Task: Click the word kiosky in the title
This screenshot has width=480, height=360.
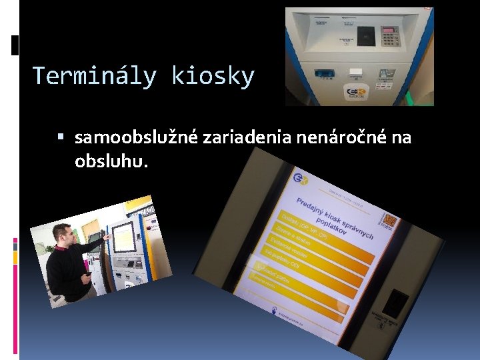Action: [x=213, y=76]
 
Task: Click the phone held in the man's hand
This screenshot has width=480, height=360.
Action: [x=87, y=273]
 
